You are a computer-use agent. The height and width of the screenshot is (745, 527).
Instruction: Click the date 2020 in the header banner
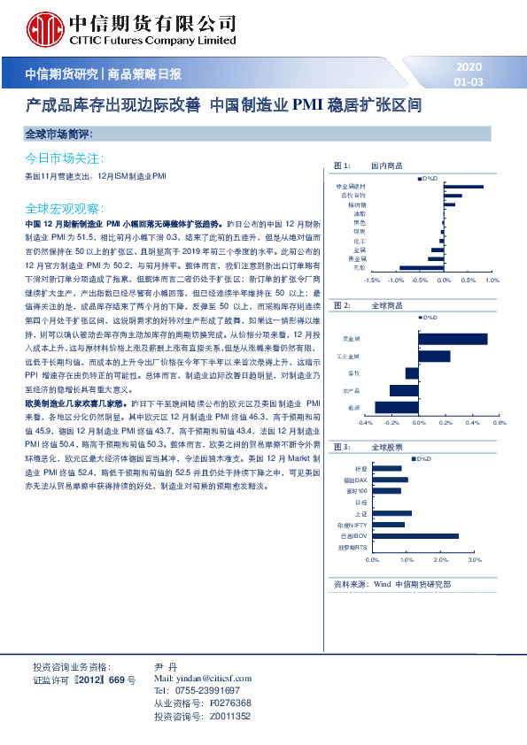[469, 67]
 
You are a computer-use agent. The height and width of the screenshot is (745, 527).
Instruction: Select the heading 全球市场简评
[60, 134]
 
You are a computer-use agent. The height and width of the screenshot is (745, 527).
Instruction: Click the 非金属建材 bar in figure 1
[462, 187]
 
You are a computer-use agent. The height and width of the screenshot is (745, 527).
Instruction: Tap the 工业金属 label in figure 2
[351, 356]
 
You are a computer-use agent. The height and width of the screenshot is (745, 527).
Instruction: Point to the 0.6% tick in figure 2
[500, 423]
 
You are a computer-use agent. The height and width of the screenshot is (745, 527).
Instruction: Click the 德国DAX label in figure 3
[355, 480]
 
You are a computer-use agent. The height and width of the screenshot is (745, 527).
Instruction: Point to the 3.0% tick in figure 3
[474, 560]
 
